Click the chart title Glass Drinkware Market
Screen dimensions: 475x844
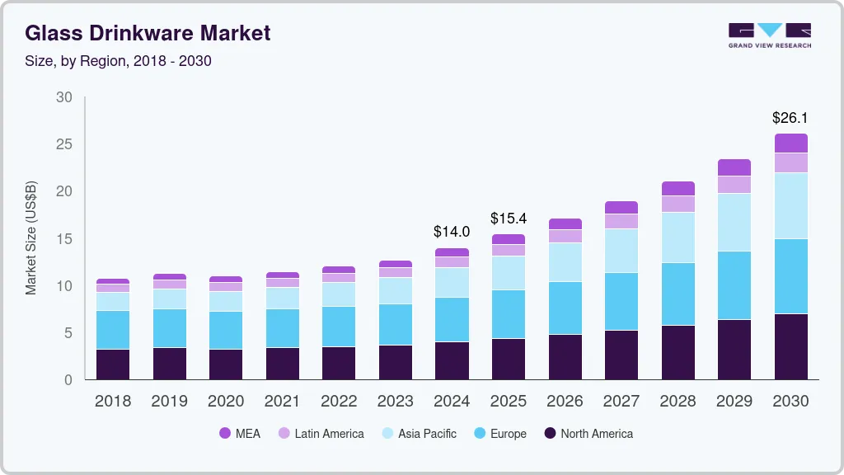click(148, 34)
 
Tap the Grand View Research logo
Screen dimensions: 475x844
click(769, 35)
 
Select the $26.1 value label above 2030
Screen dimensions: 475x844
click(790, 118)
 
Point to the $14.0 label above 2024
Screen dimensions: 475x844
click(452, 232)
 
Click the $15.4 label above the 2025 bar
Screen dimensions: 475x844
click(509, 219)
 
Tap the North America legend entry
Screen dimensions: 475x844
click(588, 433)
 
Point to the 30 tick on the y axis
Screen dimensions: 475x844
click(64, 97)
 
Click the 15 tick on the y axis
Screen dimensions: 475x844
click(64, 239)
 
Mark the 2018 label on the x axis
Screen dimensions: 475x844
click(112, 401)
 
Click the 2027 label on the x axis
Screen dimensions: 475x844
click(621, 401)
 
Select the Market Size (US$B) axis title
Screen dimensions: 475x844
click(31, 238)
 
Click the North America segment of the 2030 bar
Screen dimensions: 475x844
click(790, 346)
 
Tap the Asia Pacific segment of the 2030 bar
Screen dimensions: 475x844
click(790, 205)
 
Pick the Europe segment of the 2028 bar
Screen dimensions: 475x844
click(678, 294)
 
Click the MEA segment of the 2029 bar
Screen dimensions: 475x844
click(734, 167)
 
